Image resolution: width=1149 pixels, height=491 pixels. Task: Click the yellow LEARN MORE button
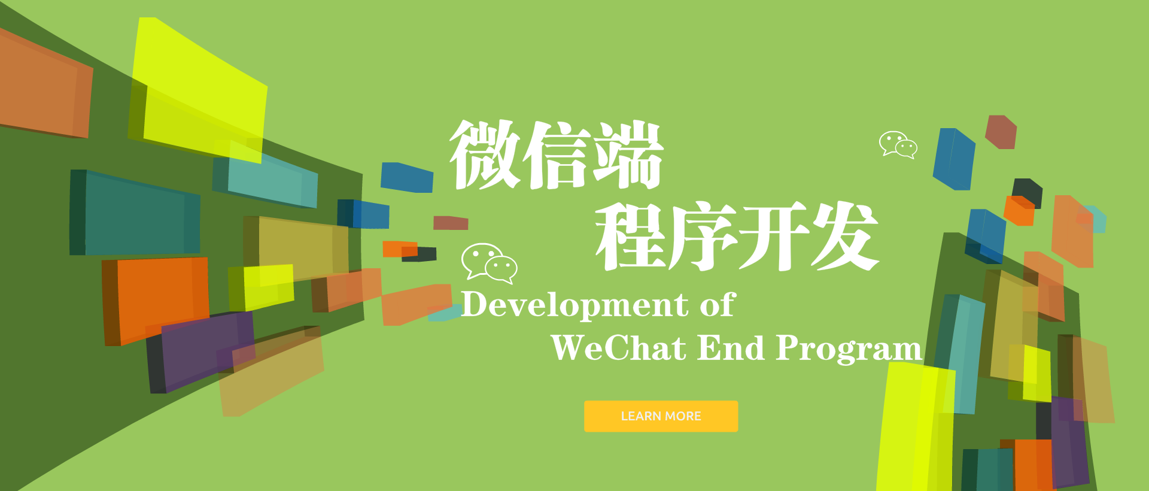click(661, 416)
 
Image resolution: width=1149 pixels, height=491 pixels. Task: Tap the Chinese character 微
click(485, 154)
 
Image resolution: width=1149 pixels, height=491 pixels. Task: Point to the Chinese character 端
click(628, 154)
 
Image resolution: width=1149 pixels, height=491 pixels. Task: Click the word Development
click(575, 305)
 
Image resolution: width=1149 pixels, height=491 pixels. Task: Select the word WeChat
click(618, 347)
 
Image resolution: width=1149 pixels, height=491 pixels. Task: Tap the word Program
click(849, 349)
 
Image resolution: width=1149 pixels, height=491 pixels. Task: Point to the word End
click(731, 347)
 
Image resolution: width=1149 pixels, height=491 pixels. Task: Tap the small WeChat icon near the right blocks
click(898, 144)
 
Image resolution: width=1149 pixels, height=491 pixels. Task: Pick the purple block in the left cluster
click(201, 350)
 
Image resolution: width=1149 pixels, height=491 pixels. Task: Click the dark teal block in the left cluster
click(135, 213)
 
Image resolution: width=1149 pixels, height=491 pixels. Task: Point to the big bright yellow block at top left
click(197, 90)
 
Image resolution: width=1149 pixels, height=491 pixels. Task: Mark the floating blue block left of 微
click(407, 177)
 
